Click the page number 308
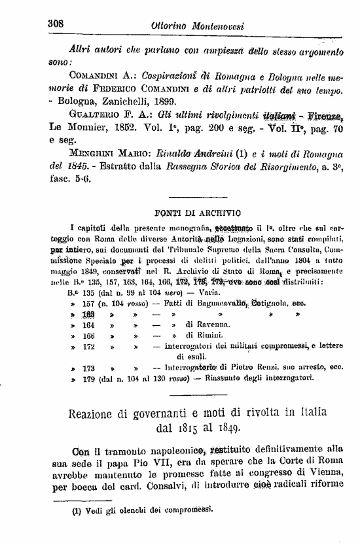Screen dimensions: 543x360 54,22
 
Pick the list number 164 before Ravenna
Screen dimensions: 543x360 88,324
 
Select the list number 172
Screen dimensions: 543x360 88,345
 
